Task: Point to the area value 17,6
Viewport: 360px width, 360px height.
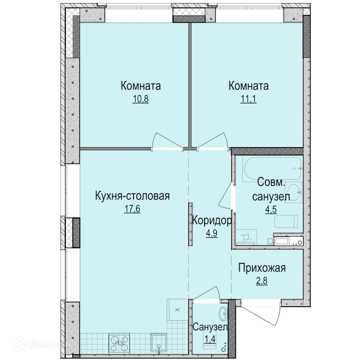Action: (x=132, y=209)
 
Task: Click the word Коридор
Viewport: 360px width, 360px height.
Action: (x=211, y=220)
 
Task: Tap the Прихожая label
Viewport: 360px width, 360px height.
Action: (x=262, y=268)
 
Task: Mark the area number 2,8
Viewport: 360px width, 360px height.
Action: (x=261, y=280)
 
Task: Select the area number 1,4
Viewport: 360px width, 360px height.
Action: (x=210, y=339)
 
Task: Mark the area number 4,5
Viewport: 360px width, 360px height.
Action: (x=269, y=209)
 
